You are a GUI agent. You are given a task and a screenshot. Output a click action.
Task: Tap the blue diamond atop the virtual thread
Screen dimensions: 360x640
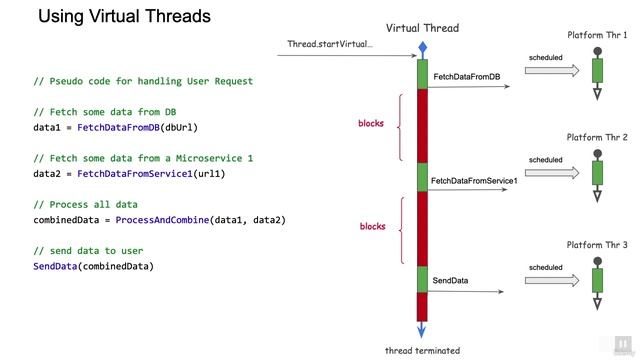point(423,47)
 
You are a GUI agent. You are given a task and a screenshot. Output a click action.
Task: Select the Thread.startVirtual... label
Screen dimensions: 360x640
point(329,44)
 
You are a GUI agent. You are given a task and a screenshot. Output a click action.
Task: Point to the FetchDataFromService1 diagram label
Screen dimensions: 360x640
point(474,181)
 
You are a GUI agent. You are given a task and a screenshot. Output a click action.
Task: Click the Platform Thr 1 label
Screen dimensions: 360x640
point(597,35)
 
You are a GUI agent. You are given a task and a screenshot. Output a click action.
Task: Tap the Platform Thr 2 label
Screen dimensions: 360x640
point(597,137)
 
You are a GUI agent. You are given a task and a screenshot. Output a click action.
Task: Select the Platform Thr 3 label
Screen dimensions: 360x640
point(597,245)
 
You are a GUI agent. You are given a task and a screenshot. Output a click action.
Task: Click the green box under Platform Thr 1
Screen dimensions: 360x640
point(598,72)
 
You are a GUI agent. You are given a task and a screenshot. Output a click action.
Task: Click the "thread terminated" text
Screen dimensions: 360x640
point(423,350)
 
